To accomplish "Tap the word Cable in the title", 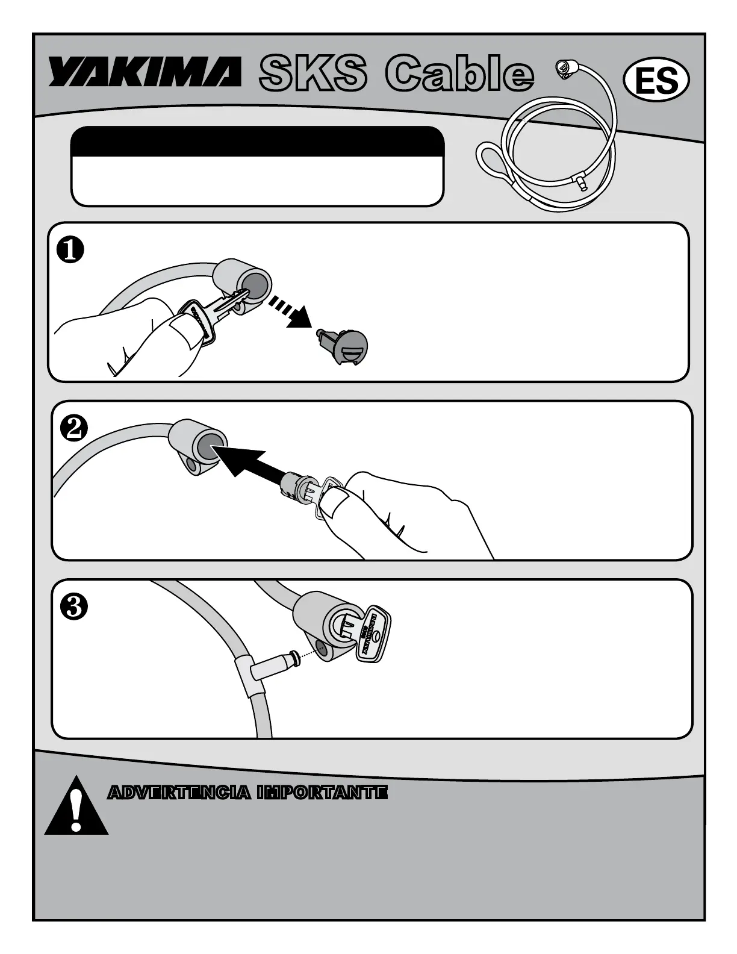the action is (x=459, y=75).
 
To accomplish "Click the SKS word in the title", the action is (x=312, y=75).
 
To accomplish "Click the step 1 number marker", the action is (x=70, y=251).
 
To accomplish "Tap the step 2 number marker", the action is (x=74, y=429).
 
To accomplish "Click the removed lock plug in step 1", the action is (x=344, y=346).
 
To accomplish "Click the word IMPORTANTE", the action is (x=322, y=793).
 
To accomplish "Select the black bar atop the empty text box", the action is (x=257, y=141).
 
